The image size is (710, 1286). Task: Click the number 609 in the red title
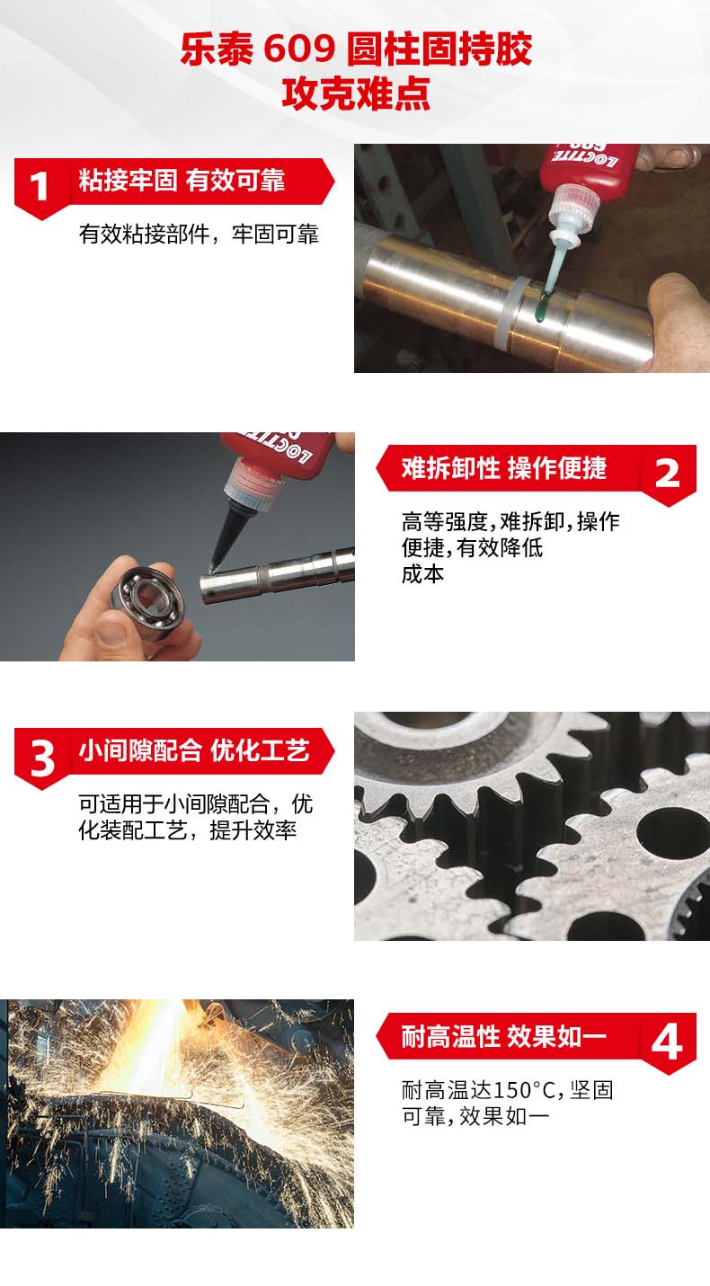coord(298,49)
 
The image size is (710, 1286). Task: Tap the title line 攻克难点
coord(356,93)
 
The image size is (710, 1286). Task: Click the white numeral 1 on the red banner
coord(39,187)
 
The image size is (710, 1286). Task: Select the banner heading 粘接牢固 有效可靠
coord(182,181)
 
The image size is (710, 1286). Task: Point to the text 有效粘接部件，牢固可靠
coord(199,235)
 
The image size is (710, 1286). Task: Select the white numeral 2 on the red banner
coord(667,474)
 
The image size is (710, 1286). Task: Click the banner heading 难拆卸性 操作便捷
coord(503,468)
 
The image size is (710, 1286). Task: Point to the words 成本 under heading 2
coord(422,573)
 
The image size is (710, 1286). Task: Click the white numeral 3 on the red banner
coord(42,758)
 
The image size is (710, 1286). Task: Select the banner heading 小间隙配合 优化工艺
coord(194,750)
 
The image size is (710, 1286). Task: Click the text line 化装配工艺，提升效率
coord(187,830)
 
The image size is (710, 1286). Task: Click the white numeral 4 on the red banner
coord(666,1042)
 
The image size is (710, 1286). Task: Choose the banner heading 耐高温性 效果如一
coord(503,1036)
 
